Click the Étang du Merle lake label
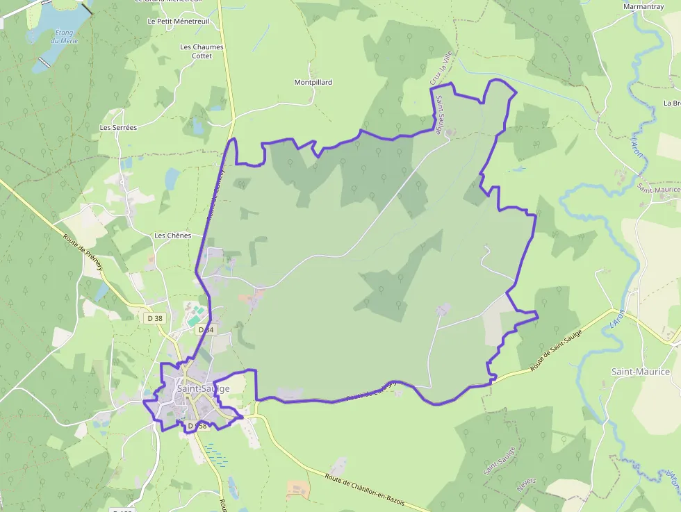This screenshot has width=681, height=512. tap(65, 36)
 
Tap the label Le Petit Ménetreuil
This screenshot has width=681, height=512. tap(179, 21)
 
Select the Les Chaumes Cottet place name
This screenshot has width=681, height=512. tap(202, 51)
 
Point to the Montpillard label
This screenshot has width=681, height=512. tap(313, 82)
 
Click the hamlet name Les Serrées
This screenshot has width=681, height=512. tap(118, 128)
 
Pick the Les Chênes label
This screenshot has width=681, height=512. tap(172, 236)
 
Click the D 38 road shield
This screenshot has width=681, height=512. tap(154, 318)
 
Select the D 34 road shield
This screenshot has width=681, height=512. tap(205, 329)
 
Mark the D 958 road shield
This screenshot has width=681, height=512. tap(197, 425)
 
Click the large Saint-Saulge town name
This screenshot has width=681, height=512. tap(203, 389)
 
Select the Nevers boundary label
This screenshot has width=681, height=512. tap(527, 484)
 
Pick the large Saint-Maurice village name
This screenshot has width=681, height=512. tap(640, 372)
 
